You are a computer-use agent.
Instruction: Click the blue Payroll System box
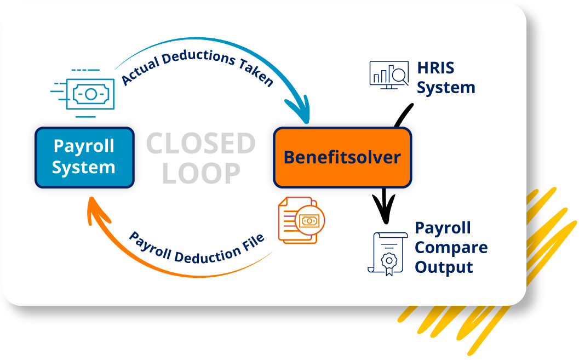[84, 157]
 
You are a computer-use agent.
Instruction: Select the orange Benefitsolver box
[342, 157]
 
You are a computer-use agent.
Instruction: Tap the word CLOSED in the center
[201, 144]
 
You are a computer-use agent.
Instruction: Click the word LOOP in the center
[201, 173]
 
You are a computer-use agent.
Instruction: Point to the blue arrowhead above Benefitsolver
[301, 113]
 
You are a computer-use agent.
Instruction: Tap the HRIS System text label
[445, 78]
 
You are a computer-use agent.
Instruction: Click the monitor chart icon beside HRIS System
[389, 75]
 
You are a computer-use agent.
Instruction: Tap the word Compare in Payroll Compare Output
[450, 248]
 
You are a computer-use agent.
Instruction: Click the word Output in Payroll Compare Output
[444, 267]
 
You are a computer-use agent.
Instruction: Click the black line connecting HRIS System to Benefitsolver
[402, 116]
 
